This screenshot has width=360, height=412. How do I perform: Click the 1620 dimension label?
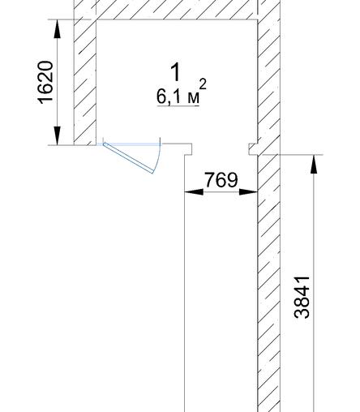coord(45,83)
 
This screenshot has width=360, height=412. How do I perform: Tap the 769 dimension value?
coord(221,180)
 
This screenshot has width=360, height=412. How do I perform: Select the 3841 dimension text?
coord(302,298)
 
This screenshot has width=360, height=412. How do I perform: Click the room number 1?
coord(176,72)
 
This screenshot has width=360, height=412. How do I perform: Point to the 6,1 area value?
coord(168,97)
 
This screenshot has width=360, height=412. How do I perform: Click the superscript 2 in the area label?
coord(203,84)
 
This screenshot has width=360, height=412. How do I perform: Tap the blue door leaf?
coord(128,158)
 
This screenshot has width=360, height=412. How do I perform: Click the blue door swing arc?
coord(158,156)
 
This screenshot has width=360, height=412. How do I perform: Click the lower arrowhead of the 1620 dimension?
coord(57,135)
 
